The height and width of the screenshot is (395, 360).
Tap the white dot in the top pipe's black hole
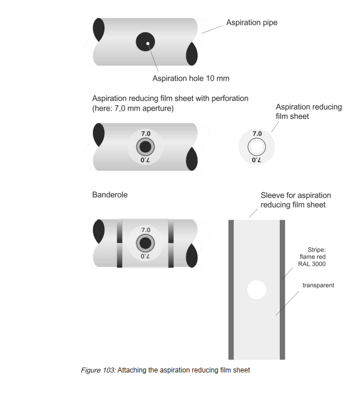(x=148, y=43)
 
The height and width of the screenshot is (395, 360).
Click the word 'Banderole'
(x=110, y=195)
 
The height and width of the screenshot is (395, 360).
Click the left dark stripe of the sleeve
(x=230, y=288)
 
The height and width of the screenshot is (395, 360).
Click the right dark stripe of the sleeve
(x=283, y=288)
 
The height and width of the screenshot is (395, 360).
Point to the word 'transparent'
(x=318, y=285)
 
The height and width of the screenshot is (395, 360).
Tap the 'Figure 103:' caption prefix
(x=99, y=370)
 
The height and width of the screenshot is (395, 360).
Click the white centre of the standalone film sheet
(x=257, y=147)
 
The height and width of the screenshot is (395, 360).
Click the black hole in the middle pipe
(x=145, y=147)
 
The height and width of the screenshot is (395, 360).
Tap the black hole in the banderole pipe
(x=145, y=243)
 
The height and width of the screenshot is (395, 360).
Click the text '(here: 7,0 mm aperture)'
(x=134, y=108)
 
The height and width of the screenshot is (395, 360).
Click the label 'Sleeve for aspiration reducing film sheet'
(x=295, y=201)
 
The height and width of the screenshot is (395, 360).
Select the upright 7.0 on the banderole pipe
(x=145, y=230)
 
